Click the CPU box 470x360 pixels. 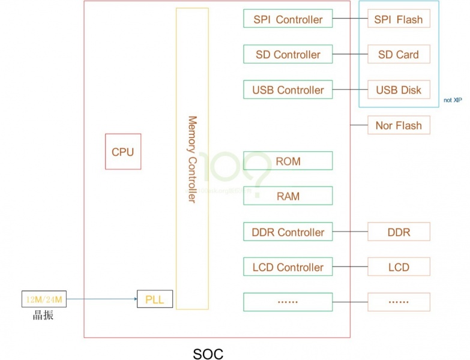click(x=122, y=152)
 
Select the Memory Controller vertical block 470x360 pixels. click(x=192, y=159)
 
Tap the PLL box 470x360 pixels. click(x=155, y=299)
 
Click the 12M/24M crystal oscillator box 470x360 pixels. click(x=44, y=298)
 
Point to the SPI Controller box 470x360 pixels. click(x=288, y=19)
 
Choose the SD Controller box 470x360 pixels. click(x=288, y=55)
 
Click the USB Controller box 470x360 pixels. click(x=288, y=90)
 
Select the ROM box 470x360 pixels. click(x=288, y=161)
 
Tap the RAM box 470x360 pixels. click(x=288, y=196)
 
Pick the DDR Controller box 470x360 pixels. click(x=288, y=232)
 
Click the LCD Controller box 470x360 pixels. click(x=288, y=267)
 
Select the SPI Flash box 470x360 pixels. click(x=399, y=19)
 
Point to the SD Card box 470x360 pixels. click(x=399, y=55)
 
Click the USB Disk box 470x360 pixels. click(x=399, y=90)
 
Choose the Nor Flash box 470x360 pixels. click(x=399, y=125)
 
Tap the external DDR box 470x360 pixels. click(x=399, y=232)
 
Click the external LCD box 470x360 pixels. click(x=399, y=267)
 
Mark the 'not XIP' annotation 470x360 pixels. click(x=453, y=100)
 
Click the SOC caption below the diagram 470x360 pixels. click(x=208, y=353)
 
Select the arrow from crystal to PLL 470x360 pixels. click(x=102, y=298)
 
